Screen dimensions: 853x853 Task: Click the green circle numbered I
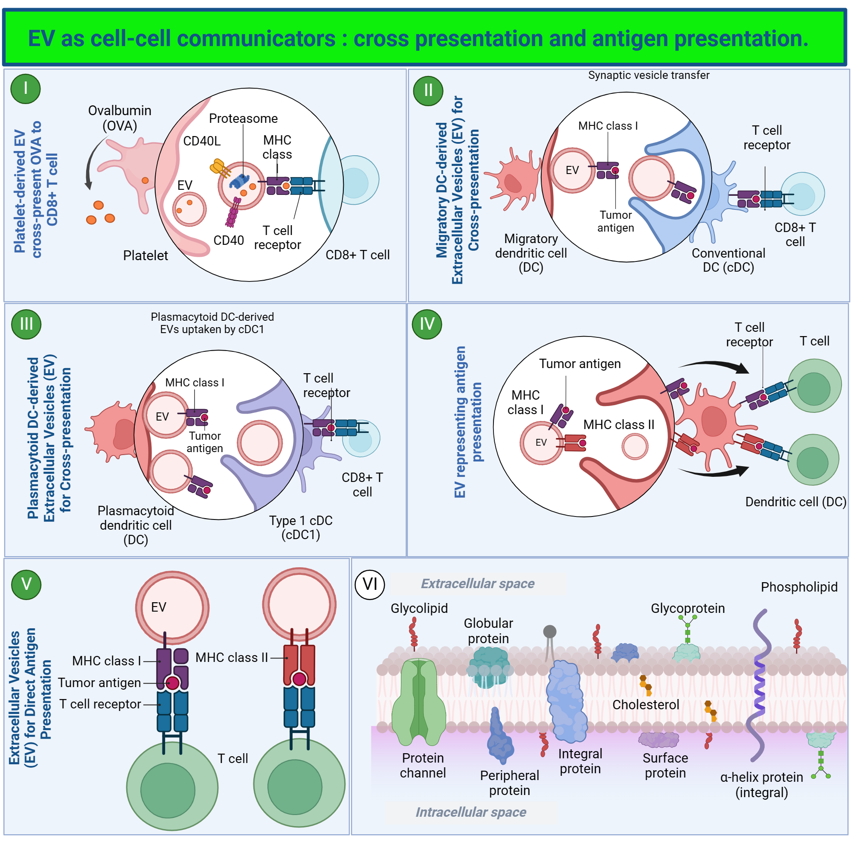point(26,89)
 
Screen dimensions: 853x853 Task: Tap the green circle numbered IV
point(426,325)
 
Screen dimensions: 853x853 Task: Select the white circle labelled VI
point(369,584)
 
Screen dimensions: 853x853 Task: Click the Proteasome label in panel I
point(243,118)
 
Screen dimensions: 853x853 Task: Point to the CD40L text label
point(202,141)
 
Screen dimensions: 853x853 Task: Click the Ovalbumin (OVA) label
point(120,118)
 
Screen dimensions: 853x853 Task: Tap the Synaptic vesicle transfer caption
point(648,75)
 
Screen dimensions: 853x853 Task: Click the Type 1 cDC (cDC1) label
point(301,528)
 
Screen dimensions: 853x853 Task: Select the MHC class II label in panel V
point(232,657)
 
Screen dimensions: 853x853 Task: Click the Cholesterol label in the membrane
point(645,705)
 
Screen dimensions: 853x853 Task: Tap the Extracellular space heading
point(477,584)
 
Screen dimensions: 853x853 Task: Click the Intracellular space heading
point(471,812)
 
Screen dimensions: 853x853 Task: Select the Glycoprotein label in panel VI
point(688,609)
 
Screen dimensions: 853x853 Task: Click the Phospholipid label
point(799,587)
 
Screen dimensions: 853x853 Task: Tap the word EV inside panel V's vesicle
point(159,607)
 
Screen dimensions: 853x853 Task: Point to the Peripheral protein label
point(509,783)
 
